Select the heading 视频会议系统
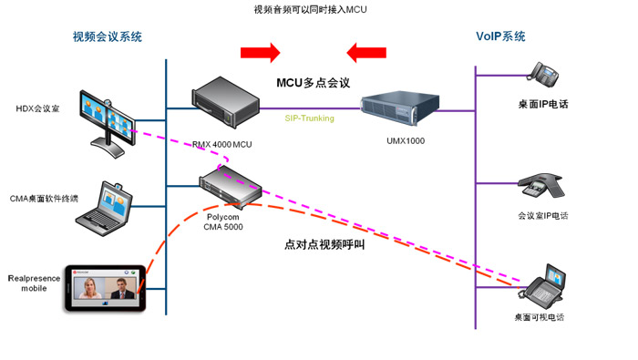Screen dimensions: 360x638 click(x=108, y=37)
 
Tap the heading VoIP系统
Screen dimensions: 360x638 click(x=500, y=36)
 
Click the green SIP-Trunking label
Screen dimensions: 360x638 click(x=310, y=118)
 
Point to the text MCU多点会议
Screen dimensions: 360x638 click(x=314, y=83)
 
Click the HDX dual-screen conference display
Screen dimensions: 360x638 click(x=109, y=117)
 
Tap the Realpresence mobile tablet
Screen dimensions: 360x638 click(x=106, y=290)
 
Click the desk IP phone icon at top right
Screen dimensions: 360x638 click(x=545, y=73)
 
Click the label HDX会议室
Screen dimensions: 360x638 click(x=36, y=108)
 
